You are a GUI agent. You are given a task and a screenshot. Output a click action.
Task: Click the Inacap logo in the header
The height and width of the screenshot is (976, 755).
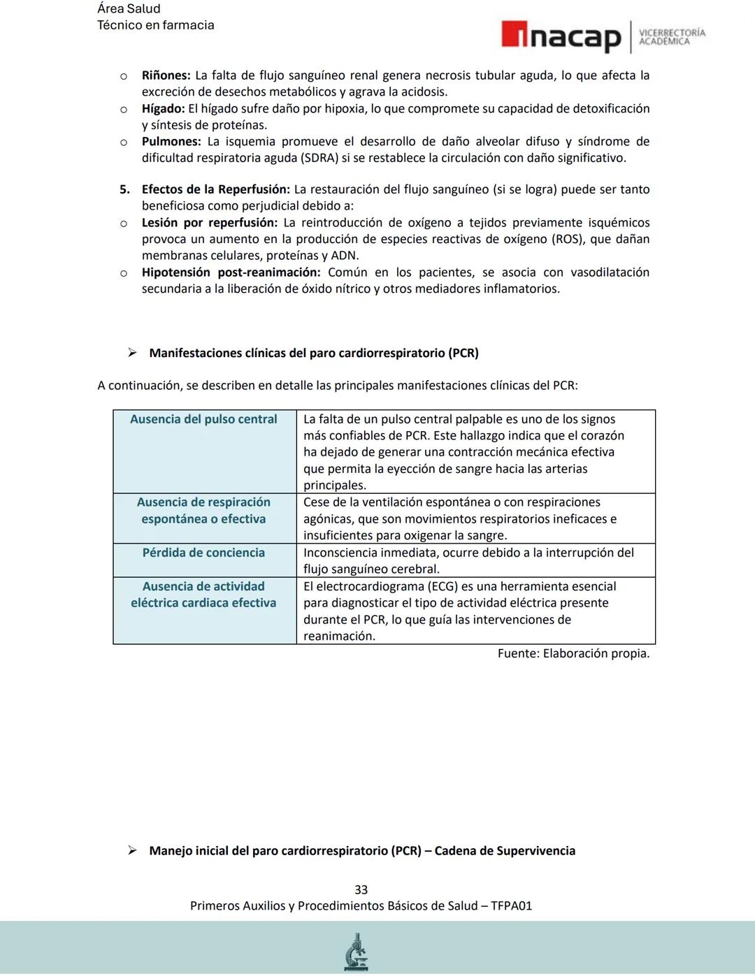[x=561, y=36]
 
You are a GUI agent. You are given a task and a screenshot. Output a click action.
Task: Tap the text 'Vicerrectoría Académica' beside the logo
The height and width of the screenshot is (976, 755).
[x=672, y=37]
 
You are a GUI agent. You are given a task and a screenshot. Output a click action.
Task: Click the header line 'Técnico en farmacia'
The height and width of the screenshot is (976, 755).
[x=155, y=25]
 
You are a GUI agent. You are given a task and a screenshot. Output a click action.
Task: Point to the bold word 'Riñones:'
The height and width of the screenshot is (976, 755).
[x=166, y=75]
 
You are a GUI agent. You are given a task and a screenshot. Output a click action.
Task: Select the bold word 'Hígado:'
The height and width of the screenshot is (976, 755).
[x=163, y=109]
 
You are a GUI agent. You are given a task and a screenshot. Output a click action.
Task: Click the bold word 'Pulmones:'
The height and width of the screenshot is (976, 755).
[x=171, y=142]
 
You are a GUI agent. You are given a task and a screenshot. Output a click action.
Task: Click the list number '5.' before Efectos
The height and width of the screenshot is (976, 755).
[x=124, y=190]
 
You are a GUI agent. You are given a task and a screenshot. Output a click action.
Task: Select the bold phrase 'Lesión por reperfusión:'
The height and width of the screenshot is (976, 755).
[x=209, y=223]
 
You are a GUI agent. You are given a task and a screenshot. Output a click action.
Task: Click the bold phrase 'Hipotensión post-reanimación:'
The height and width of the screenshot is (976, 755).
[x=231, y=272]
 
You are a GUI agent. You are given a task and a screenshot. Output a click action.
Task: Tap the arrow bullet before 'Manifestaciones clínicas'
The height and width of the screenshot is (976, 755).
[x=132, y=353]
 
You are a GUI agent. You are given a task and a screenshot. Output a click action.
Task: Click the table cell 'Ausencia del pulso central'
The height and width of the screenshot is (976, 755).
[x=203, y=419]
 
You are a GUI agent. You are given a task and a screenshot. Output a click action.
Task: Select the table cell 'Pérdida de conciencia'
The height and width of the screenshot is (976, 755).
[x=203, y=553]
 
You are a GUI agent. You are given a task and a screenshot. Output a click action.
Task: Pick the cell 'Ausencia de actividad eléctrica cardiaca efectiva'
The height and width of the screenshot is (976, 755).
[x=203, y=595]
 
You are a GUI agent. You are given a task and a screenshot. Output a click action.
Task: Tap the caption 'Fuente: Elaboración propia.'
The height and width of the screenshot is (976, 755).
[x=573, y=654]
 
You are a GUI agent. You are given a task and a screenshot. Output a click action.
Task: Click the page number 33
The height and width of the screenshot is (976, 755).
[x=361, y=890]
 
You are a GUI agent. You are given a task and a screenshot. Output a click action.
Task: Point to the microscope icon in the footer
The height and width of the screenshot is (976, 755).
[x=357, y=952]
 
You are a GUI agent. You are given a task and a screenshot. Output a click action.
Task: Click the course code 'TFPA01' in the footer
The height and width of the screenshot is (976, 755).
[x=511, y=906]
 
